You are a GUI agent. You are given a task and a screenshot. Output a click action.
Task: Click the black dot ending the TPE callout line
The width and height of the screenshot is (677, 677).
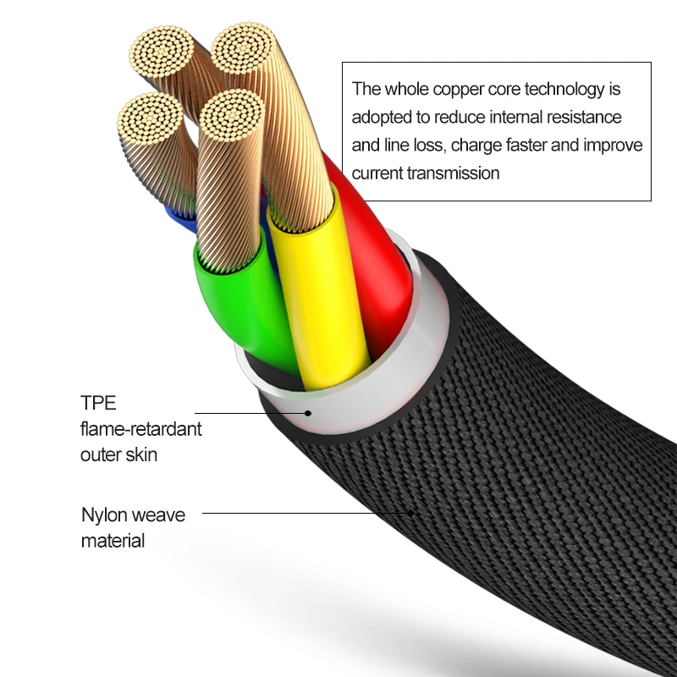(x=309, y=414)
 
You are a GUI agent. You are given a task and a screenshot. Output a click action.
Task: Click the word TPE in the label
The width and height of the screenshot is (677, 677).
(x=98, y=402)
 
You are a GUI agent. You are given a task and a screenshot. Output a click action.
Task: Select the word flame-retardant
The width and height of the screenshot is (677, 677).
(x=141, y=428)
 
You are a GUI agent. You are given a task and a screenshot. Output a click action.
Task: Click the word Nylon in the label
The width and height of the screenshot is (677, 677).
(x=104, y=515)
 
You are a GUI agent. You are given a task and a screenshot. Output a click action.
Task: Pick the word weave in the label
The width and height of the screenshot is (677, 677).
(x=159, y=515)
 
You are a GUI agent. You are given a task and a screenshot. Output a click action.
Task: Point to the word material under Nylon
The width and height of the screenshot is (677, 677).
(x=113, y=541)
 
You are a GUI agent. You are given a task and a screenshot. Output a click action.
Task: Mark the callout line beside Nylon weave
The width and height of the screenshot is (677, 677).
(x=305, y=512)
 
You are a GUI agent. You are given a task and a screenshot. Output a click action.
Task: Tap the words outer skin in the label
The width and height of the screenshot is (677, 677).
(x=119, y=454)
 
